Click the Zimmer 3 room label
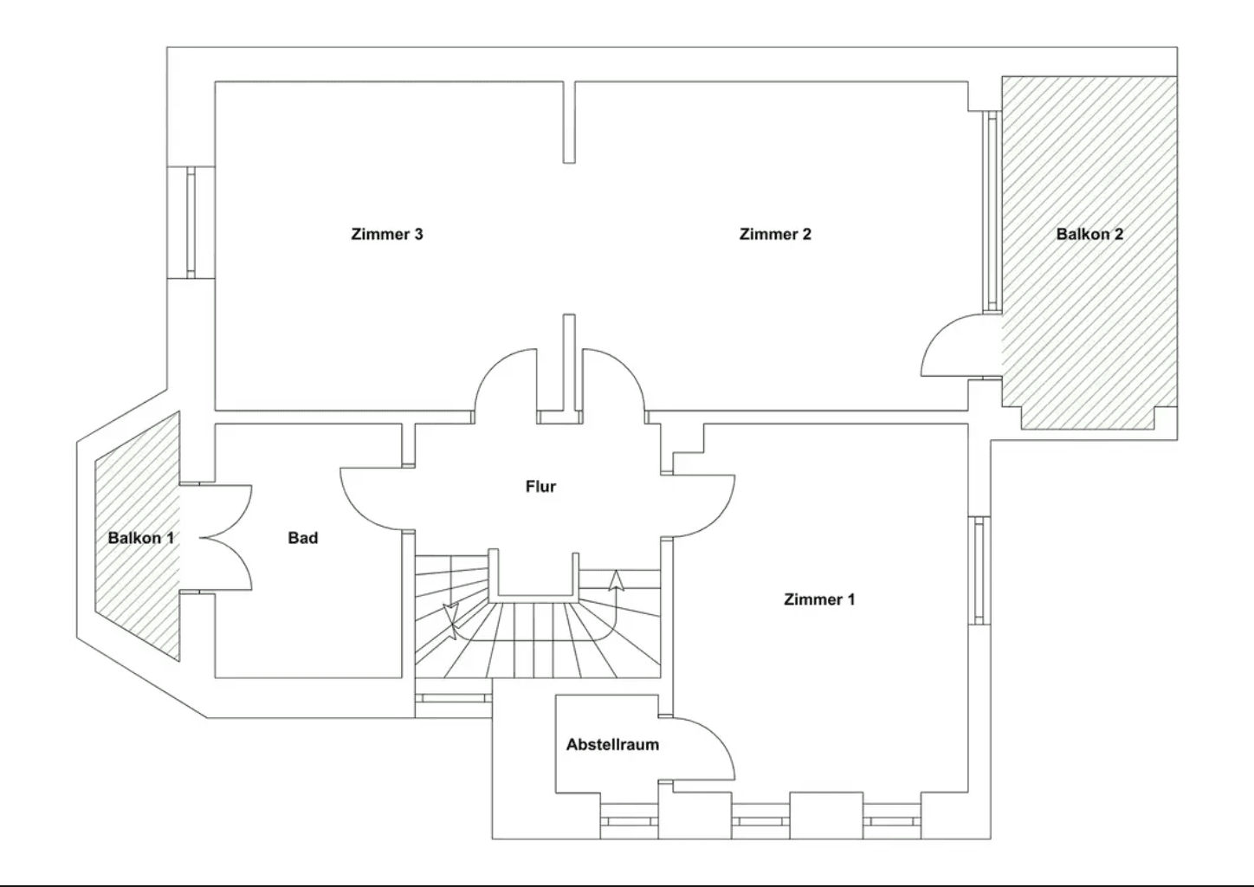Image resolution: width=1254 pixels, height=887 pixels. [x=387, y=234]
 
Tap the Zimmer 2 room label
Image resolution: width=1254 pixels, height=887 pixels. [x=775, y=234]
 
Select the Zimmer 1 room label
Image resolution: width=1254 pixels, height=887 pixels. [x=818, y=599]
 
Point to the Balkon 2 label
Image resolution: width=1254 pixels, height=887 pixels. [x=1089, y=234]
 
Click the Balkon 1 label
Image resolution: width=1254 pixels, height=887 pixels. [x=140, y=538]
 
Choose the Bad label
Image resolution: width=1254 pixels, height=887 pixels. [x=303, y=538]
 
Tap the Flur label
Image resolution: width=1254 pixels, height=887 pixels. [x=540, y=487]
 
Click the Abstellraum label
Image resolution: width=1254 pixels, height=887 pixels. [x=612, y=745]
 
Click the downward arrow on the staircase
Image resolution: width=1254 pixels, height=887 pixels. [x=450, y=617]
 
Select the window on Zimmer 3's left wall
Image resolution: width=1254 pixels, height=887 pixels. [x=191, y=223]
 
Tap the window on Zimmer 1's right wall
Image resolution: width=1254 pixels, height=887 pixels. [x=979, y=570]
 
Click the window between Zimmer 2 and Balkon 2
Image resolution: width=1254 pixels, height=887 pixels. [x=992, y=210]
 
